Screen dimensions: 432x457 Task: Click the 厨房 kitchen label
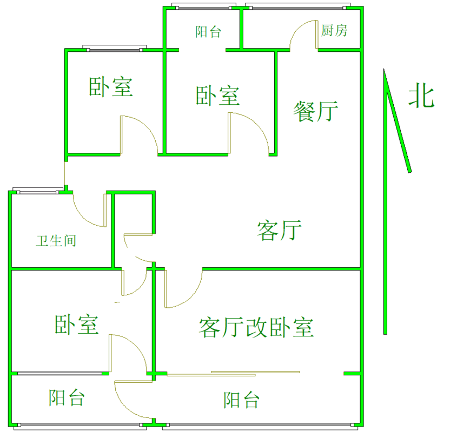pos(334,31)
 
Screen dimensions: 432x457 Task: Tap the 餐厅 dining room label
pos(315,112)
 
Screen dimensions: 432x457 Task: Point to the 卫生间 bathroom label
pos(56,240)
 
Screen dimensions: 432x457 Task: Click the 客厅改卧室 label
pos(256,327)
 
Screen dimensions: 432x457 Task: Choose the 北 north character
pos(421,96)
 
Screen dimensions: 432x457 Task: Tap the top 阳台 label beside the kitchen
pos(208,32)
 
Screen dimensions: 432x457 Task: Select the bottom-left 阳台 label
pos(67,398)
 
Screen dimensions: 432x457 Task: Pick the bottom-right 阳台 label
pos(241,400)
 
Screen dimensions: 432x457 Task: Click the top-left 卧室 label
pos(111,87)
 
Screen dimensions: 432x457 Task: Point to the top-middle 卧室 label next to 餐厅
pos(217,96)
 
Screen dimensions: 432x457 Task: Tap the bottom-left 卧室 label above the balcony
pos(76,325)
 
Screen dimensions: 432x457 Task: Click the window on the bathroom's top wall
pos(38,191)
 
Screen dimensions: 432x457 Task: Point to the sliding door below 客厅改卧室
pos(233,373)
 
